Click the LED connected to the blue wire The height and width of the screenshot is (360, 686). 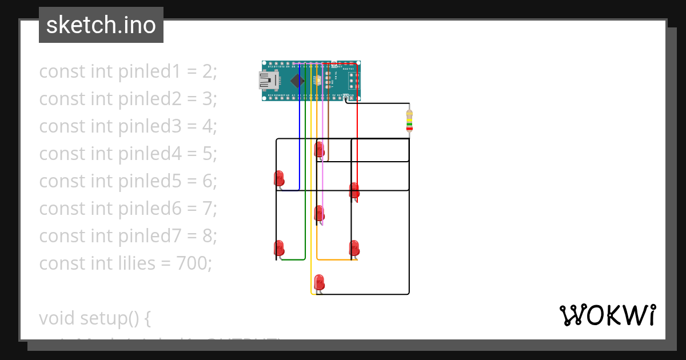(279, 178)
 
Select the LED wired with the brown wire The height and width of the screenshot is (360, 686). (319, 150)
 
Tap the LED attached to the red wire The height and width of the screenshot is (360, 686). (354, 191)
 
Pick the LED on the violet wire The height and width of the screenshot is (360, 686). (319, 214)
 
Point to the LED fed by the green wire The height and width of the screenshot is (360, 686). (279, 248)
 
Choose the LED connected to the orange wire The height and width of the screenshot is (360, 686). (354, 248)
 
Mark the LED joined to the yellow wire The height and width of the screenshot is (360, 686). (319, 282)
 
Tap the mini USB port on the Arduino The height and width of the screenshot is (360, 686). (268, 81)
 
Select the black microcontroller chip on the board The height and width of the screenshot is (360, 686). (297, 81)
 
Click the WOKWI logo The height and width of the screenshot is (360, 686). (607, 315)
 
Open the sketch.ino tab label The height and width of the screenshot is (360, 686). (101, 25)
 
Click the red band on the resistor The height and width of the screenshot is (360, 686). (409, 129)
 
